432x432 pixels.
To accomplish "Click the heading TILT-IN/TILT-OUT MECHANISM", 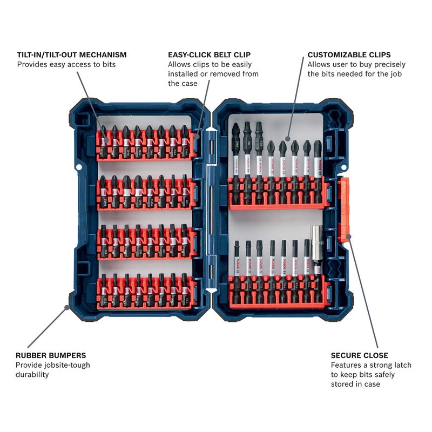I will pyautogui.click(x=71, y=55).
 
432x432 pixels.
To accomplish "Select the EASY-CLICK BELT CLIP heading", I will pyautogui.click(x=209, y=55).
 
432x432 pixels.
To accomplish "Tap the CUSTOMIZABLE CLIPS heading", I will pyautogui.click(x=349, y=55).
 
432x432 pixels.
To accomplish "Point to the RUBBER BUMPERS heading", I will pyautogui.click(x=51, y=355).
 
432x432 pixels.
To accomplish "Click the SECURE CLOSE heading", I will pyautogui.click(x=359, y=355).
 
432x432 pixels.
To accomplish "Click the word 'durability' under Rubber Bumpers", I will pyautogui.click(x=32, y=375).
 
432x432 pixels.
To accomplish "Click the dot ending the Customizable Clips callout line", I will pyautogui.click(x=288, y=139).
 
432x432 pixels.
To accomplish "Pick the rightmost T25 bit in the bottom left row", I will pyautogui.click(x=185, y=292).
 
